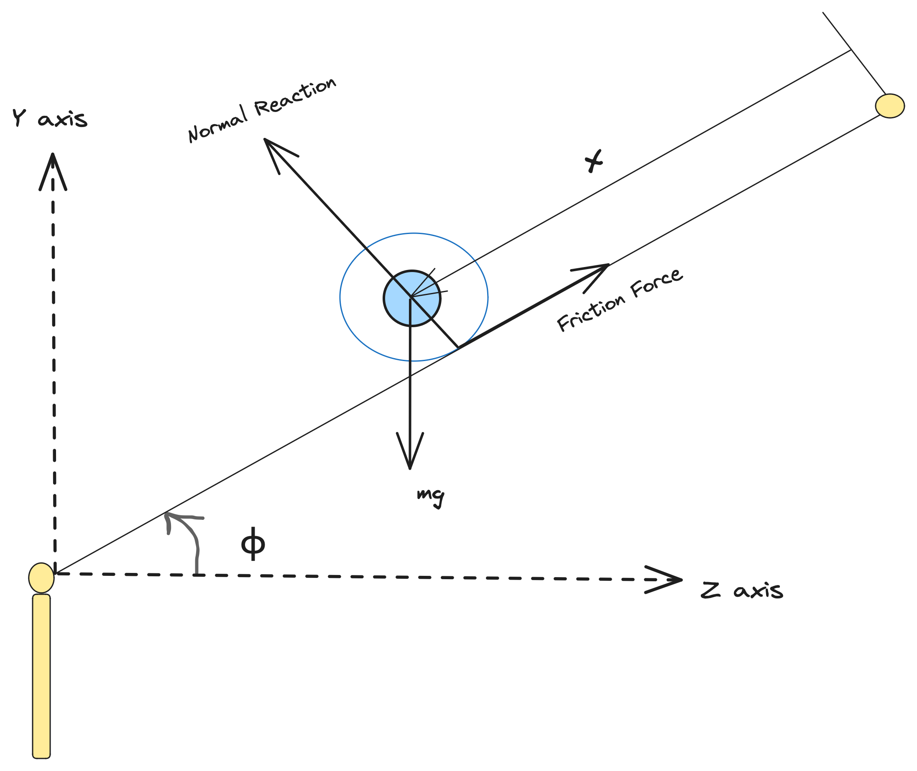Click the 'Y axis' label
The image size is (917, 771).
[x=49, y=118]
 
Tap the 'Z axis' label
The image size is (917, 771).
[x=741, y=590]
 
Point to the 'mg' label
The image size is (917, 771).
[x=430, y=497]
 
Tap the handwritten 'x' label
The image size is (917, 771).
[x=593, y=160]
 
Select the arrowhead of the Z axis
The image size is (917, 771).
[x=669, y=580]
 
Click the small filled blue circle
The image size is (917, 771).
[x=412, y=298]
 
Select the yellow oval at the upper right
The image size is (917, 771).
[x=889, y=106]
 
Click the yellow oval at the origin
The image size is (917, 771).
[x=41, y=578]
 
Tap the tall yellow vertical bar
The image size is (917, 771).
[x=41, y=676]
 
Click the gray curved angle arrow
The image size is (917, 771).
[x=188, y=534]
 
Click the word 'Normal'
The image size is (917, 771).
[x=218, y=125]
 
